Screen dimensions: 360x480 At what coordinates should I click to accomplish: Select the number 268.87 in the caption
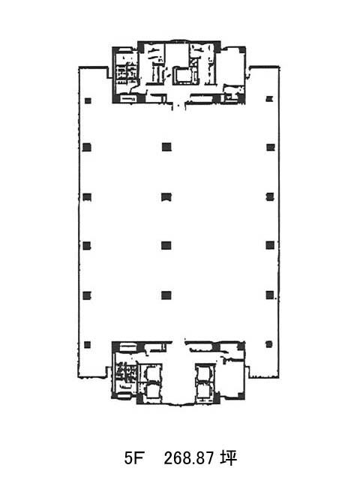click(188, 458)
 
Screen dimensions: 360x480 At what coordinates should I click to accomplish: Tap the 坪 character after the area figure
click(229, 458)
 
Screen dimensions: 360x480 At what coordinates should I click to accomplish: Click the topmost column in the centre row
click(166, 147)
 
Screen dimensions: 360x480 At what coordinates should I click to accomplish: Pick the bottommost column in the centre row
click(166, 295)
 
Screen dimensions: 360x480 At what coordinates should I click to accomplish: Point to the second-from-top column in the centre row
click(166, 196)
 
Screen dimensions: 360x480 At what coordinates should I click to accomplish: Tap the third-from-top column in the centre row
click(166, 245)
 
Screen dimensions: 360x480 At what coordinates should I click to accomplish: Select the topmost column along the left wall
click(88, 100)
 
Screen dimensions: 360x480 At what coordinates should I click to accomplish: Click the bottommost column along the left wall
click(87, 345)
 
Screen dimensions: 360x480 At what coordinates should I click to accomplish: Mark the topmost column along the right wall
click(269, 99)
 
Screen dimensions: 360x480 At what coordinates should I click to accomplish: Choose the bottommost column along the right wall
click(268, 344)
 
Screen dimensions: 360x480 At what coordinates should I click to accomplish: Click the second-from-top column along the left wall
click(87, 147)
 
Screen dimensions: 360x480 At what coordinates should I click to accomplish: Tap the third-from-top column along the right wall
click(270, 196)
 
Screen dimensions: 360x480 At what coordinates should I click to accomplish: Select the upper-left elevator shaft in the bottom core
click(151, 373)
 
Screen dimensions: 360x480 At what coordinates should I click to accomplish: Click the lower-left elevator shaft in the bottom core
click(151, 391)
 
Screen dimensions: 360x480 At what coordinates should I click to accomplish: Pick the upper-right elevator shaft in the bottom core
click(203, 373)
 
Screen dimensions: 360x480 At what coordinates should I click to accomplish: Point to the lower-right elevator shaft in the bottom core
click(203, 390)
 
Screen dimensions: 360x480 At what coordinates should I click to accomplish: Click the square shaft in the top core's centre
click(184, 75)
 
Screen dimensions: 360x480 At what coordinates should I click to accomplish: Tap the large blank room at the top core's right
click(232, 66)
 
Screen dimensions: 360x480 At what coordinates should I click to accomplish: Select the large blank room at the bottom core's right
click(232, 379)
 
